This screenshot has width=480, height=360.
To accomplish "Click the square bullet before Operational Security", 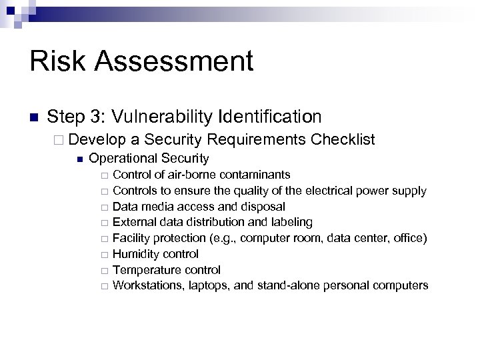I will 79,159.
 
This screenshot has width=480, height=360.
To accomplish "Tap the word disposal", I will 263,207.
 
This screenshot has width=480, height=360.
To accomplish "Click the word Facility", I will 131,238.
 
